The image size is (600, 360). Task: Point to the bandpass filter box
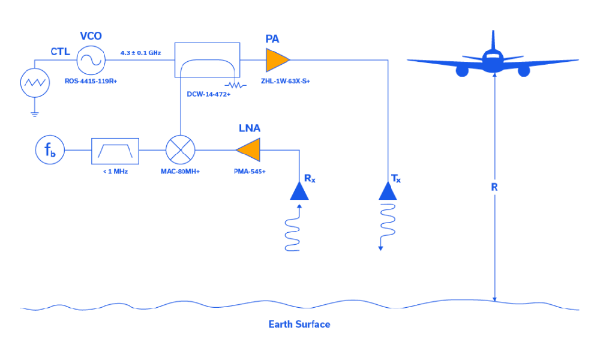tap(115, 151)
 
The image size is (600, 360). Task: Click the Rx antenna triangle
tap(299, 191)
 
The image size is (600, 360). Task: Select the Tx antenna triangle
tap(387, 191)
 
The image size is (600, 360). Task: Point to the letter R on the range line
tap(494, 187)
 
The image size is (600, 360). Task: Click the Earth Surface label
tap(299, 325)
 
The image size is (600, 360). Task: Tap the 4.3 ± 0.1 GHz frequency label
tap(140, 53)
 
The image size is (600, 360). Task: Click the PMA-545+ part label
tap(250, 171)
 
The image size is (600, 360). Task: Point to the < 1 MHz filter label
tap(115, 171)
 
